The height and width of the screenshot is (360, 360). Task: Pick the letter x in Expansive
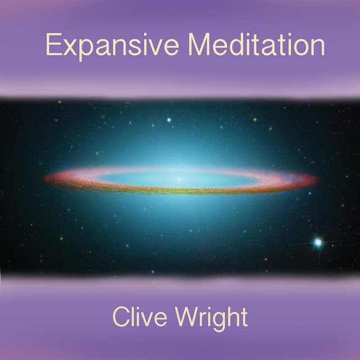pos(70,47)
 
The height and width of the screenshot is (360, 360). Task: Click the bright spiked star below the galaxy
pos(318,242)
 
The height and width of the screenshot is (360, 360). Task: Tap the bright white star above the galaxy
pos(169,120)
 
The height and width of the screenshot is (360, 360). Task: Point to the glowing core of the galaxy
pos(179,179)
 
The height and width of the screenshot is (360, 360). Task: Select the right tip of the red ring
pos(316,180)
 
